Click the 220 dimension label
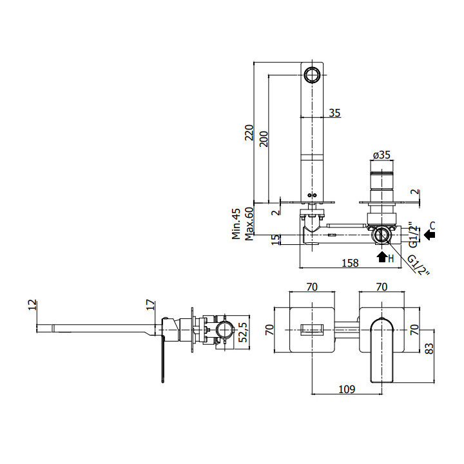249,133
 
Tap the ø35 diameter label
382,155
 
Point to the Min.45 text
237,224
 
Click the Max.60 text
248,224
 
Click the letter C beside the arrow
432,225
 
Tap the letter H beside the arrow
391,258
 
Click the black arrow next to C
429,235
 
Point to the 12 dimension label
34,305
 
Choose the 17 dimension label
150,305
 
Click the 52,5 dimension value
242,333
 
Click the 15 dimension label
276,239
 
